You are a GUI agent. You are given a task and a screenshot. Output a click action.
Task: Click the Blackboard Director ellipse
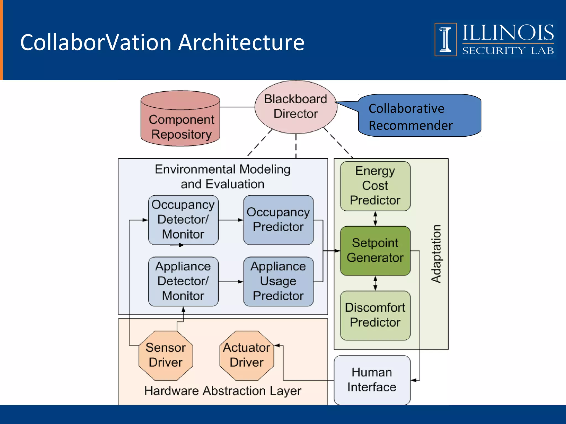click(296, 107)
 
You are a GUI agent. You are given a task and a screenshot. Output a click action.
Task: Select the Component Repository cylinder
click(180, 121)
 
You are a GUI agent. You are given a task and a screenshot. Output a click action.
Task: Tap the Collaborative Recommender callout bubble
click(420, 116)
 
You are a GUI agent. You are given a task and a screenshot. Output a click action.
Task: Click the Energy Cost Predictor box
click(375, 186)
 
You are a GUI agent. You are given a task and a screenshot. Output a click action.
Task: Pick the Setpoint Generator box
click(375, 250)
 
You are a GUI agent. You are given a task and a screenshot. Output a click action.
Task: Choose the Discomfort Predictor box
click(375, 315)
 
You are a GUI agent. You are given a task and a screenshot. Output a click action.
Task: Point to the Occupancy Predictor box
click(278, 220)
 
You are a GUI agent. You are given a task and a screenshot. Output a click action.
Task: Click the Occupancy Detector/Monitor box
click(183, 220)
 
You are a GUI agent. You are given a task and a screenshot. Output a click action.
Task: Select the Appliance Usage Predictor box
click(278, 281)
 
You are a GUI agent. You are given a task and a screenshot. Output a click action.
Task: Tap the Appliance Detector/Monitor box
click(183, 281)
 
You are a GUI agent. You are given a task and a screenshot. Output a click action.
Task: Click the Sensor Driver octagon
click(166, 355)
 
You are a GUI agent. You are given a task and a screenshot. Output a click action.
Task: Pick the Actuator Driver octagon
click(247, 355)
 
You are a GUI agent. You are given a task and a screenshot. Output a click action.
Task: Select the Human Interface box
click(372, 380)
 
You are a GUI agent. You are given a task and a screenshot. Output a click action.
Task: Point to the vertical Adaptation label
click(436, 254)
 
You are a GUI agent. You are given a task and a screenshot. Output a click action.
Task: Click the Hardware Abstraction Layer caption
click(223, 391)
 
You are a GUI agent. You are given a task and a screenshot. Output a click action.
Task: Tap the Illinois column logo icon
click(445, 39)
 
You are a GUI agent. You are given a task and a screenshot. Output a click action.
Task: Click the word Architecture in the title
click(241, 43)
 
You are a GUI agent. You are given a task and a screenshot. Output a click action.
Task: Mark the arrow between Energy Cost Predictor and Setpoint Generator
click(375, 219)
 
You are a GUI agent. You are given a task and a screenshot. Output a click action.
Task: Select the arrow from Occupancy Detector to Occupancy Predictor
click(231, 220)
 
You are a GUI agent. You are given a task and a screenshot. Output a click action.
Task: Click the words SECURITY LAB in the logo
click(508, 51)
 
